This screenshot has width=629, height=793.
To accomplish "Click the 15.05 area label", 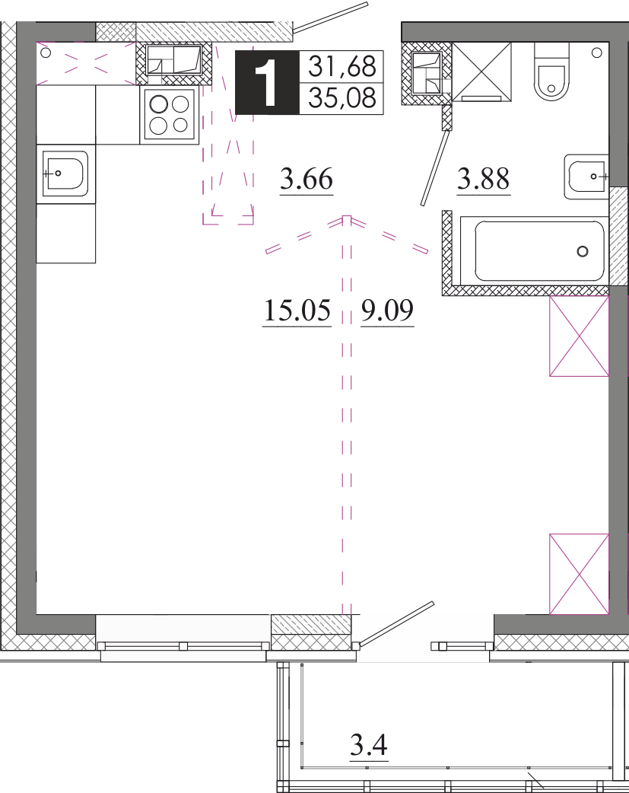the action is coord(297,310).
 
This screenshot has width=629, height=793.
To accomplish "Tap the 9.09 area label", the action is coord(387,310).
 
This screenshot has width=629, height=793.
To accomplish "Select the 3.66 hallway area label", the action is coord(307,179).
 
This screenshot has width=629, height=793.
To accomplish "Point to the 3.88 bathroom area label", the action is coord(484,179).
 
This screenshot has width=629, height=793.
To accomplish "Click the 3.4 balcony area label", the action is coord(369,745).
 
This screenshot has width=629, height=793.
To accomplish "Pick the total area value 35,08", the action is coord(342,97).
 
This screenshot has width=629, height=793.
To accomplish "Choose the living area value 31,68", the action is coord(342,66).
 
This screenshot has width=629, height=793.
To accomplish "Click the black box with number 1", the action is coord(267,82).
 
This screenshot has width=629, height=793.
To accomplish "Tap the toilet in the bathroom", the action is coord(551,72).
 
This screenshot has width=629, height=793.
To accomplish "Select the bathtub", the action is coord(534,251).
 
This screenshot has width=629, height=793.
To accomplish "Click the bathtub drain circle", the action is coord(583,251).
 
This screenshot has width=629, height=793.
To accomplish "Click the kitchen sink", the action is coord(65,174).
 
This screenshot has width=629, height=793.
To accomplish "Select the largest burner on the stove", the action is coord(158,104).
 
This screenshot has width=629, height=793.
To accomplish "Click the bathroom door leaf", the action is coord(435,168).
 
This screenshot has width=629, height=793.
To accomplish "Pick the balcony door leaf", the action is coord(393,625).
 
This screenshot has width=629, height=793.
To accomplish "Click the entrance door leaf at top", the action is coord(330,17).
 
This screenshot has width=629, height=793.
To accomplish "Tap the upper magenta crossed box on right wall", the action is coord(579,336).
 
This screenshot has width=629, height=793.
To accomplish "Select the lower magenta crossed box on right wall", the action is coord(579,574).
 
